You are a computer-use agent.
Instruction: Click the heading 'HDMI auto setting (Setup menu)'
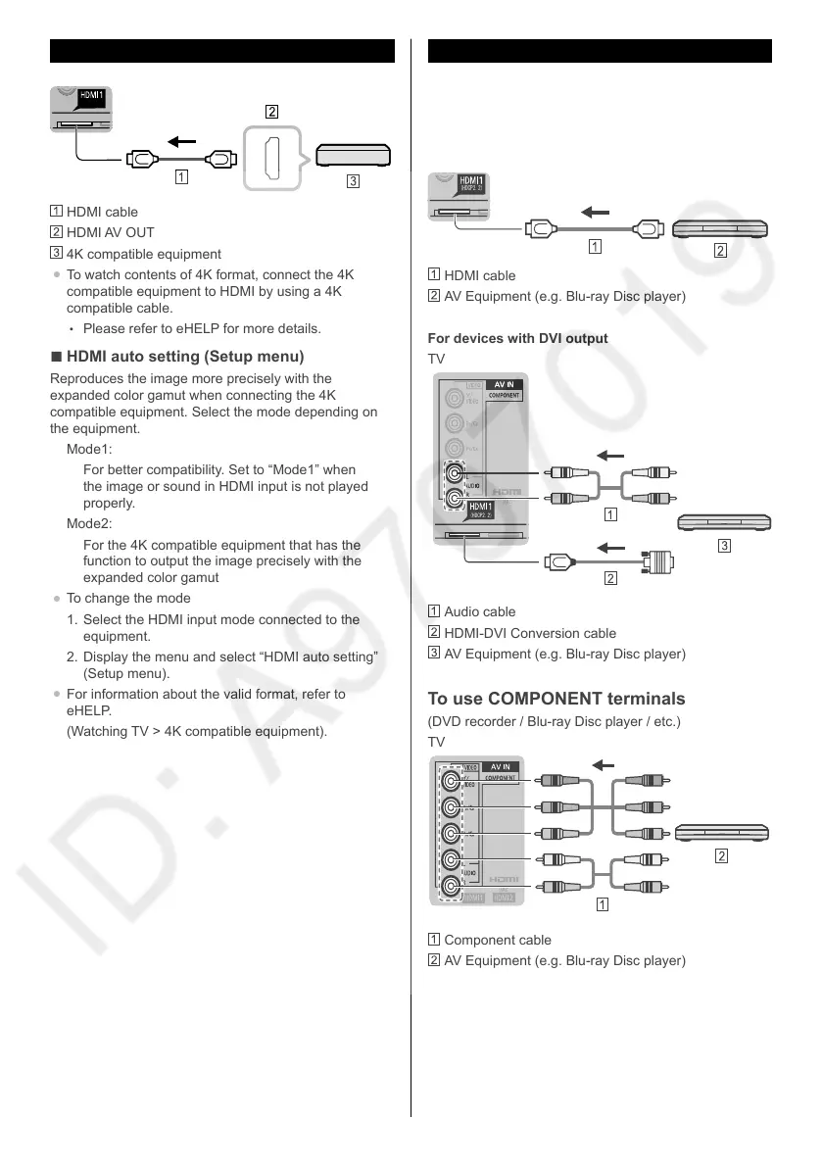point(184,356)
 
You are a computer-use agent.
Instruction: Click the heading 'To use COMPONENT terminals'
point(556,699)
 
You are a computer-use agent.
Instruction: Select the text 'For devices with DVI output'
point(518,338)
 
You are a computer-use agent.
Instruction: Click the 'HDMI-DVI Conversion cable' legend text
point(530,633)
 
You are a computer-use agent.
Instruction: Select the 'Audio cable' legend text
point(480,611)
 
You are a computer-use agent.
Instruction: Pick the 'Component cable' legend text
point(498,940)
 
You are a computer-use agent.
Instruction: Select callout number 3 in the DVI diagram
point(725,547)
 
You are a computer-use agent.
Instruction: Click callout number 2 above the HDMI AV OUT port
point(272,111)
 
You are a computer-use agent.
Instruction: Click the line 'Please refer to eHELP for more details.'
point(201,328)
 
